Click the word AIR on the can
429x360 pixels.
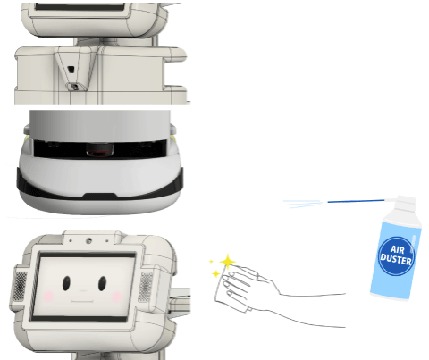397,249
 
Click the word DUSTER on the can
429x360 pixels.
396,259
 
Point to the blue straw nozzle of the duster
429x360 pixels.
356,201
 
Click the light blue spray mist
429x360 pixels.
302,204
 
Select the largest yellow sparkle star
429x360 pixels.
228,262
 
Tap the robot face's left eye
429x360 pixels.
66,283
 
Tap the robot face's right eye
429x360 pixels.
102,283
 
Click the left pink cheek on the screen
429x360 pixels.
49,297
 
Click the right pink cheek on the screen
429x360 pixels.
116,297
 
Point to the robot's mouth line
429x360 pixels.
82,302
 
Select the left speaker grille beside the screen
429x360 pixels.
21,286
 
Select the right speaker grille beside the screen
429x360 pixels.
146,287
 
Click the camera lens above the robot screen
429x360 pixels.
88,240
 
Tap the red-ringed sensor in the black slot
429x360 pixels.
100,150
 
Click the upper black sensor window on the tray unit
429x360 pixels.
71,70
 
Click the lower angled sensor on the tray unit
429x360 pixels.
74,87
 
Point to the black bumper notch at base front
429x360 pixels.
100,196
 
